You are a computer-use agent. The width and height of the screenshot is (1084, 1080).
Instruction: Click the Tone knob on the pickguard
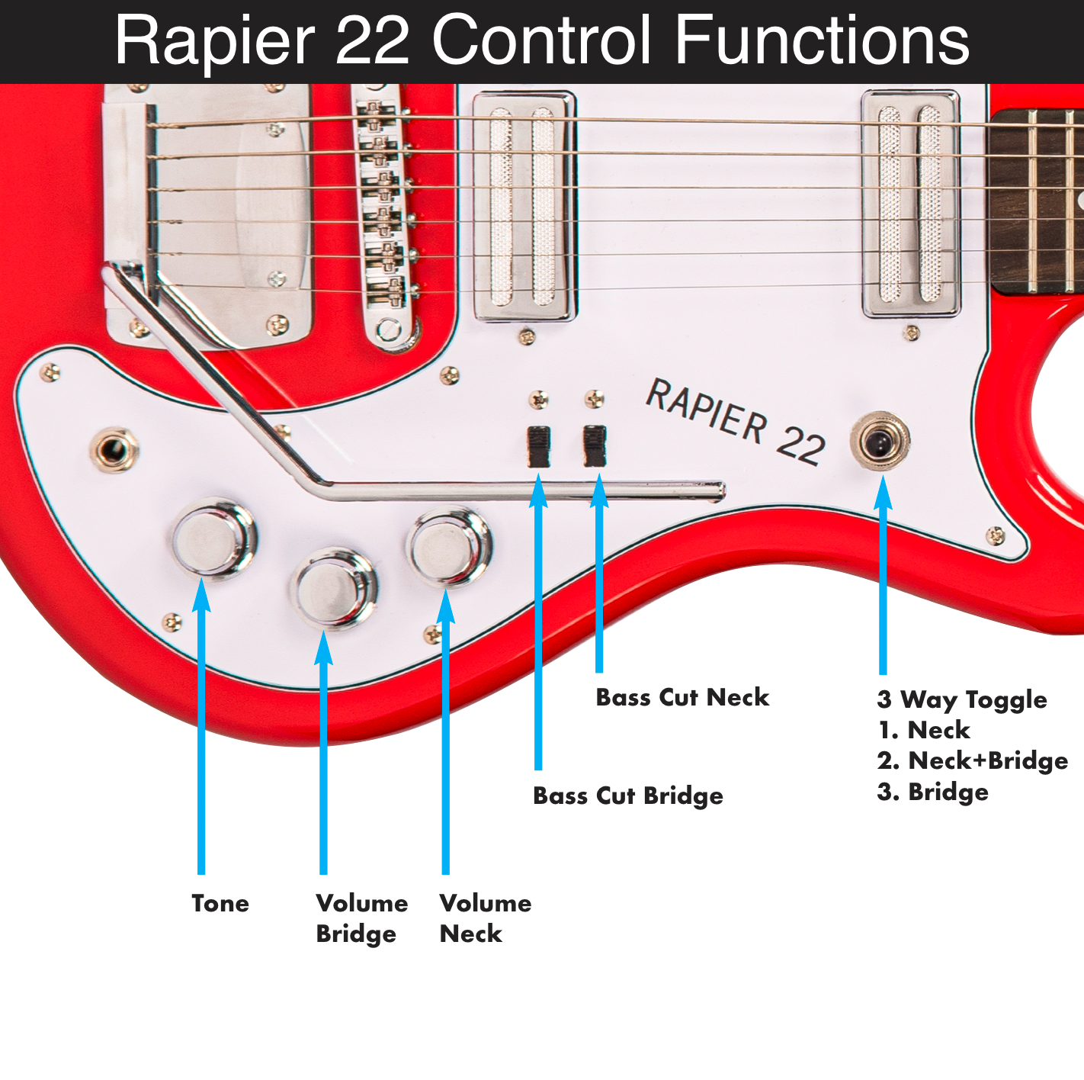(x=213, y=538)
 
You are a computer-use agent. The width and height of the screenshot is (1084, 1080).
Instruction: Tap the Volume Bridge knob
(x=334, y=588)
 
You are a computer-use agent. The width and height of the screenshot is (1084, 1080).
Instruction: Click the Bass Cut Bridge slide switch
(x=539, y=446)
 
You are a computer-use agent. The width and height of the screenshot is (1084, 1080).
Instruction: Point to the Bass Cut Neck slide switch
(x=595, y=445)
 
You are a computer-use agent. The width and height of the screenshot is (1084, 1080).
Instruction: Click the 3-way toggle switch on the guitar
(x=880, y=441)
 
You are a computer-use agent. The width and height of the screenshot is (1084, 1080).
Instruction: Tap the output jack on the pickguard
(x=114, y=449)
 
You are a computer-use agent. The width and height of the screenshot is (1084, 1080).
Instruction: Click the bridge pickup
(x=524, y=206)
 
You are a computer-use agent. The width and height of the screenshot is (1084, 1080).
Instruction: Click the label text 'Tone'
(x=220, y=903)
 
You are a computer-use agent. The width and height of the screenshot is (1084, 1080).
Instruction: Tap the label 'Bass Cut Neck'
(x=682, y=697)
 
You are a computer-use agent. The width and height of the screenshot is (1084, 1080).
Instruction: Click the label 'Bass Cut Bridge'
(x=627, y=796)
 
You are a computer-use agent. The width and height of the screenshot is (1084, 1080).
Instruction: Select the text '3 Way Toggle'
(x=962, y=699)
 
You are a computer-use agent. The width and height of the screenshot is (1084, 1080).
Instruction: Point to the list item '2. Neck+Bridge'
(x=972, y=760)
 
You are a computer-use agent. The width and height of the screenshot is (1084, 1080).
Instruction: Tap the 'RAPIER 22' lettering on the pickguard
(x=735, y=421)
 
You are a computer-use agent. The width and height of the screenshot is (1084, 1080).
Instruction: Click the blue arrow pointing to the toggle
(x=883, y=580)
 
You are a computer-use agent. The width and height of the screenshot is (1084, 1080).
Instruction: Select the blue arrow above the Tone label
(x=201, y=725)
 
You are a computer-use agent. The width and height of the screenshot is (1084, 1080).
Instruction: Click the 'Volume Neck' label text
(x=485, y=918)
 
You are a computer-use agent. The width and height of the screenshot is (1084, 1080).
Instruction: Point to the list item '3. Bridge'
(x=932, y=792)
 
